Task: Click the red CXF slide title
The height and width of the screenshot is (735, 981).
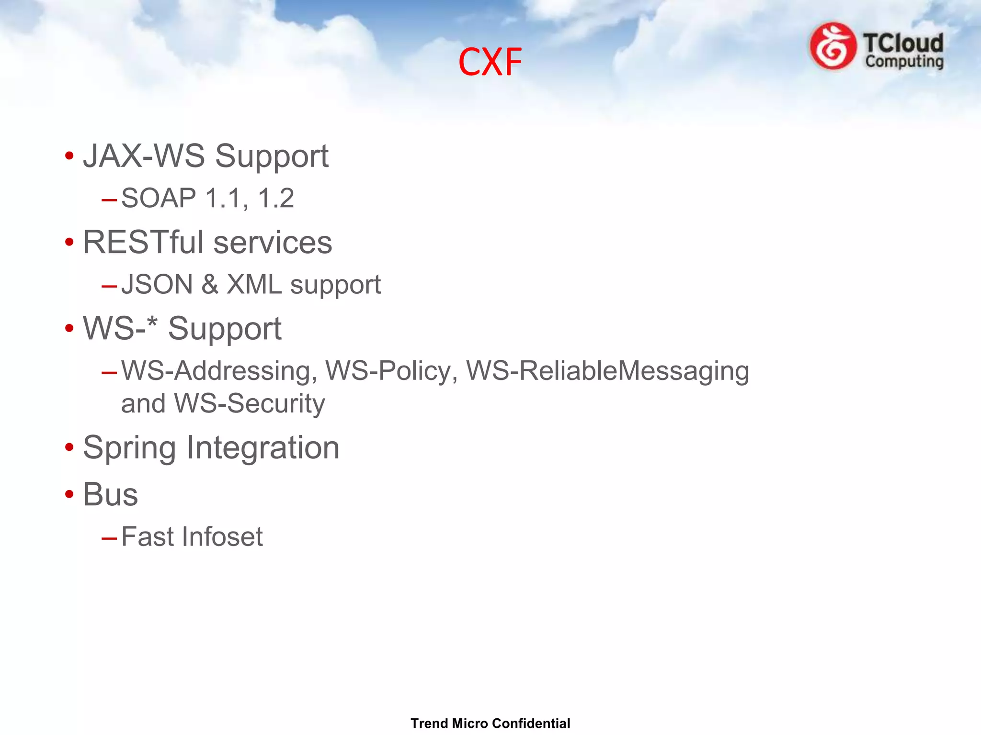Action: [490, 62]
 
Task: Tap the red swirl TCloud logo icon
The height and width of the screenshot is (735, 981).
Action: [833, 46]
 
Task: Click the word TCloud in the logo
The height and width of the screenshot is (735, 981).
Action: [903, 43]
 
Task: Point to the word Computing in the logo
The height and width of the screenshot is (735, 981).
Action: [904, 62]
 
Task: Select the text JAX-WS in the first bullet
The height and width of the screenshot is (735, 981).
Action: [144, 156]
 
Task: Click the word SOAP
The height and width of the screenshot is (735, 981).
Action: [159, 198]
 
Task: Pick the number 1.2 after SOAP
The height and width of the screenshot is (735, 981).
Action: [275, 198]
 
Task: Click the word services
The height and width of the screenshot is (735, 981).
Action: [273, 242]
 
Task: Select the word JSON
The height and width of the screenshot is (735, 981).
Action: [157, 284]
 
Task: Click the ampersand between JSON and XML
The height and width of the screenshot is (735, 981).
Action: [210, 284]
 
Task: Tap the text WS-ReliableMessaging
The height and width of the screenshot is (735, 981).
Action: [607, 371]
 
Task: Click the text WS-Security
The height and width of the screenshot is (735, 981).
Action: [249, 403]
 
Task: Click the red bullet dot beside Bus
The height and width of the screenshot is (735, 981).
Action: [69, 494]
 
